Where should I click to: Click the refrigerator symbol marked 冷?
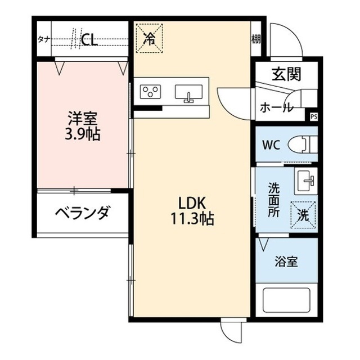pos(150,38)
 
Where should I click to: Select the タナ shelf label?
pos(43,39)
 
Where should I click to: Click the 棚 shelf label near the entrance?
pos(256,39)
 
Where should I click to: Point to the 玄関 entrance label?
pos(287,73)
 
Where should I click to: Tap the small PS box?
pos(313,117)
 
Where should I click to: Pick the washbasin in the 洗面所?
pos(306,181)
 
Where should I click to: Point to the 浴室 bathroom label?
pos(286,262)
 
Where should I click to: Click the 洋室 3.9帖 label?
pos(83,127)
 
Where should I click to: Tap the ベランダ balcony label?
pos(82,213)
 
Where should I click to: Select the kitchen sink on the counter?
pos(188,92)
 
